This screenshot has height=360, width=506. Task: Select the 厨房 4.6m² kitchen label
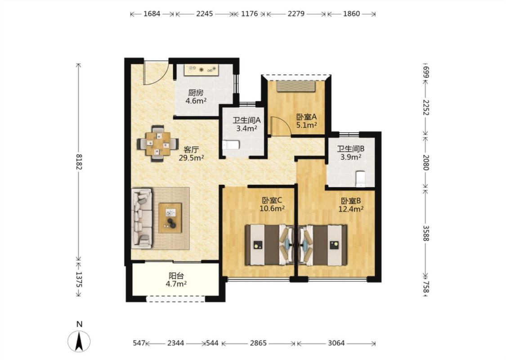tap(196, 97)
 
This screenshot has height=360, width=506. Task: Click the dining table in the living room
tap(158, 144)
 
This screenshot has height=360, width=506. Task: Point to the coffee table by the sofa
tap(170, 218)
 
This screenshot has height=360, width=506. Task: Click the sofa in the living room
tap(142, 219)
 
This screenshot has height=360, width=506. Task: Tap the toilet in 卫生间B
tap(360, 179)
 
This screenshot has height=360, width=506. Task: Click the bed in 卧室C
tap(270, 245)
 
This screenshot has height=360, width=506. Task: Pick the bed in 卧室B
tap(322, 245)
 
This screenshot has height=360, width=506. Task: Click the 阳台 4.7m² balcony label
tap(176, 280)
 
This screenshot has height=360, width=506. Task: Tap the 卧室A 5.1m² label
tap(306, 121)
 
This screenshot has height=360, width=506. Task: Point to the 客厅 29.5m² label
tap(191, 154)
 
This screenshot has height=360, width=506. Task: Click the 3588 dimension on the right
tap(425, 233)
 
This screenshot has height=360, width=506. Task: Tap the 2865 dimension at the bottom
tap(258, 343)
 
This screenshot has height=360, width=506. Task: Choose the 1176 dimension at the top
tap(250, 13)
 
